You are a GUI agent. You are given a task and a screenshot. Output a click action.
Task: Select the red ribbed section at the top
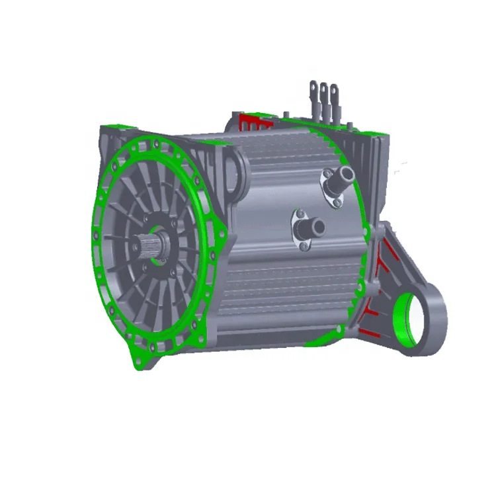tap(252, 122)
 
